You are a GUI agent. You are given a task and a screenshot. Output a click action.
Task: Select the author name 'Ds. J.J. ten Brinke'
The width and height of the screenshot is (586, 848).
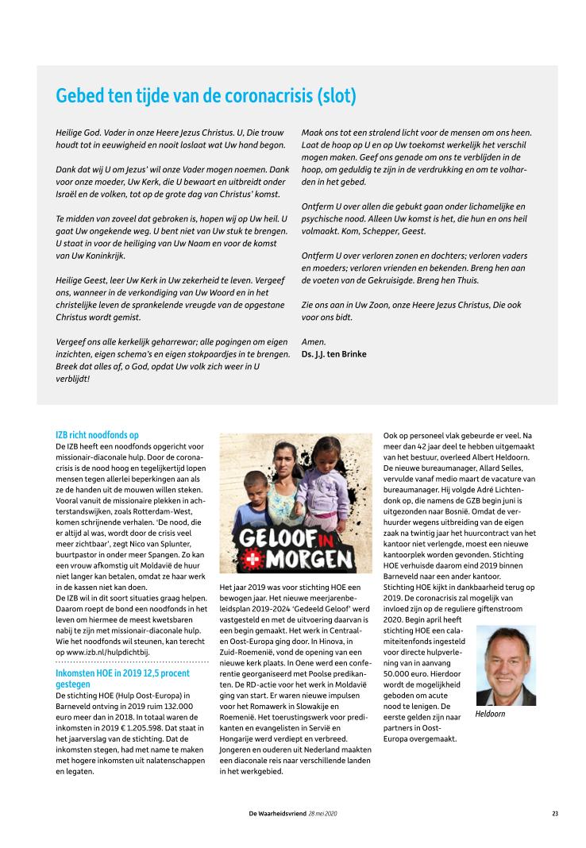point(333,353)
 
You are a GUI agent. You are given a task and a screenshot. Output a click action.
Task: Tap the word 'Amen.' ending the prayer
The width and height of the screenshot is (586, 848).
point(314,341)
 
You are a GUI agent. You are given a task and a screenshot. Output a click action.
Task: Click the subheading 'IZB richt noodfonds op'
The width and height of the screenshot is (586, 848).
point(97,435)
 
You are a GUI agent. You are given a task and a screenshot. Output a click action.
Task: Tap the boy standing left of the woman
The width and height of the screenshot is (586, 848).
point(255,508)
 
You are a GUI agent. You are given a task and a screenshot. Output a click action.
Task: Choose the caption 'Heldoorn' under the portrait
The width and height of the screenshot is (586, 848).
point(490,714)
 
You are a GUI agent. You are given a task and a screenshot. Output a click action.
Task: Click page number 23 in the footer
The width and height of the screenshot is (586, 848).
point(555,813)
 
